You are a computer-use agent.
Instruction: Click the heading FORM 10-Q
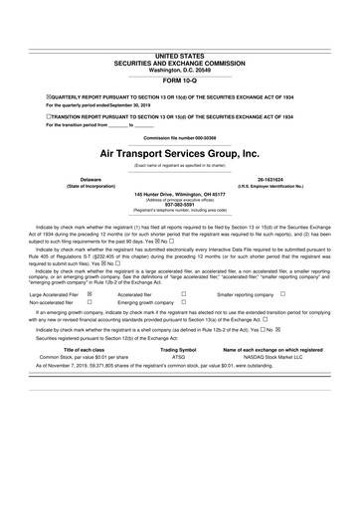pos(179,81)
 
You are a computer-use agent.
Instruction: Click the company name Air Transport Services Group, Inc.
pos(179,155)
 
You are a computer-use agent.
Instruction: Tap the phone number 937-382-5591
pos(179,206)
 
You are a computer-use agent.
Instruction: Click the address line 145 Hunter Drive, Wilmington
pos(179,194)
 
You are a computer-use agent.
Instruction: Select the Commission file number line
pos(179,136)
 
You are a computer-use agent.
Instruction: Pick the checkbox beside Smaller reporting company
pos(283,294)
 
